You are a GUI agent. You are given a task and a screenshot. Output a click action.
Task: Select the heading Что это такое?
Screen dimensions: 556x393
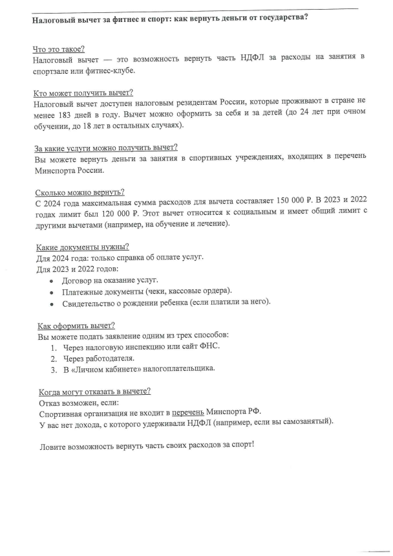coord(59,49)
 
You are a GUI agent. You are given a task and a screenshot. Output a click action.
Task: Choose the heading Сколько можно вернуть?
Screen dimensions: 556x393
coord(78,192)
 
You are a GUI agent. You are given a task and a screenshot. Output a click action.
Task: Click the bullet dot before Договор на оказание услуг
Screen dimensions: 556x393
coord(52,281)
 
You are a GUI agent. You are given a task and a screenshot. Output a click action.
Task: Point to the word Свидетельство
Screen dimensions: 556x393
coord(91,302)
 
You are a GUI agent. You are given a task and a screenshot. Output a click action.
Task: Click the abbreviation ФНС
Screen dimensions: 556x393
coord(211,346)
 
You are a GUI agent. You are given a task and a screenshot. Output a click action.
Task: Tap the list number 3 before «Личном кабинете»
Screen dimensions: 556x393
coord(54,369)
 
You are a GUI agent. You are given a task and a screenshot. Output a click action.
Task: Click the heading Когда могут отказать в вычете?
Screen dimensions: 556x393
coord(94,391)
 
